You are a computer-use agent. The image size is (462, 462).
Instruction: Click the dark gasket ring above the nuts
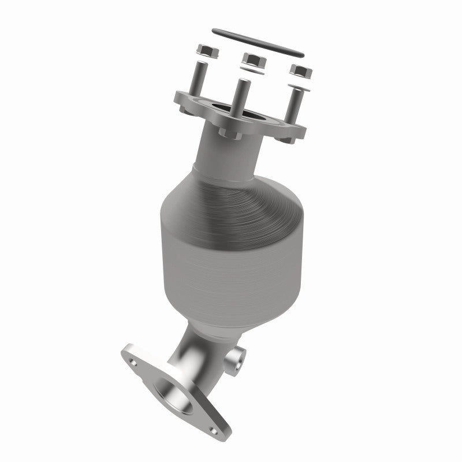tap(257, 42)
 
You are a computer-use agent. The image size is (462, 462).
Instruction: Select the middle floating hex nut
tap(252, 59)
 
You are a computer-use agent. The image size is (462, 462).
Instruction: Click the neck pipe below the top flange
tap(225, 153)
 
